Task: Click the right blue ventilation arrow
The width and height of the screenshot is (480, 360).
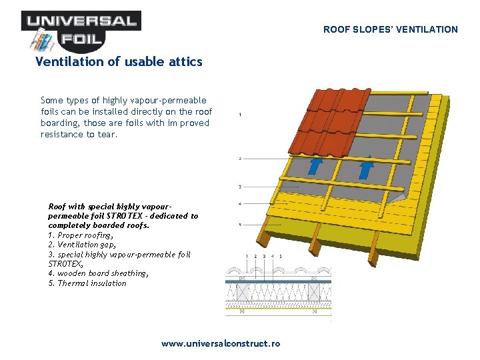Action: point(365,166)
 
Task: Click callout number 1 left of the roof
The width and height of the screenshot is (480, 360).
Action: point(240,115)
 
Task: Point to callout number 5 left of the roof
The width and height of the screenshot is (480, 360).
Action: point(240,224)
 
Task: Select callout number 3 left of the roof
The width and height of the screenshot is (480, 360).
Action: point(240,187)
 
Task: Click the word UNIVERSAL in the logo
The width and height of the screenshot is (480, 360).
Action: point(81,21)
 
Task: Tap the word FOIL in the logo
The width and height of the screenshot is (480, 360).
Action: point(83,39)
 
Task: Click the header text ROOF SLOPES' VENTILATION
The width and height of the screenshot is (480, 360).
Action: point(391,29)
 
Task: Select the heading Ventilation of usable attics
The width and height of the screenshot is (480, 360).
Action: point(119,61)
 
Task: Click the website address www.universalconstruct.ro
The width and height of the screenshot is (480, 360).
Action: point(221,343)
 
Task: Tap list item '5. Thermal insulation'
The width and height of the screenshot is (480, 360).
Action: point(87,283)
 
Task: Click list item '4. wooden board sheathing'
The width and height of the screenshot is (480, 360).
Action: point(97,273)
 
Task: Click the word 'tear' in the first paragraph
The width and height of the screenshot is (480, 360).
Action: point(107,135)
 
